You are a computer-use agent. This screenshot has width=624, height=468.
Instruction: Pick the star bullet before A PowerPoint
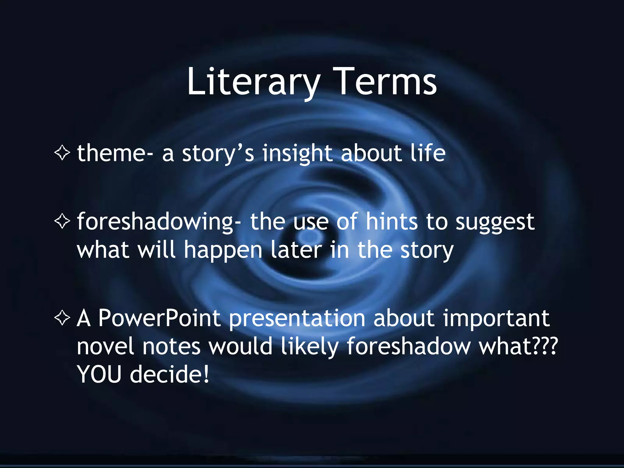(62, 318)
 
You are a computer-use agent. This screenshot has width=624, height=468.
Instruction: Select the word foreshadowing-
(159, 222)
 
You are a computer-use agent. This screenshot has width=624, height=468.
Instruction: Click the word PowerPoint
(159, 318)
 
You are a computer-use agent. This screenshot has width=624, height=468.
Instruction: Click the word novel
(105, 346)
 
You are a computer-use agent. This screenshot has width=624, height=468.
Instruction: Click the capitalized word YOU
(99, 374)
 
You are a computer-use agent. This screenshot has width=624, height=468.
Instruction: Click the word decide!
(169, 374)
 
